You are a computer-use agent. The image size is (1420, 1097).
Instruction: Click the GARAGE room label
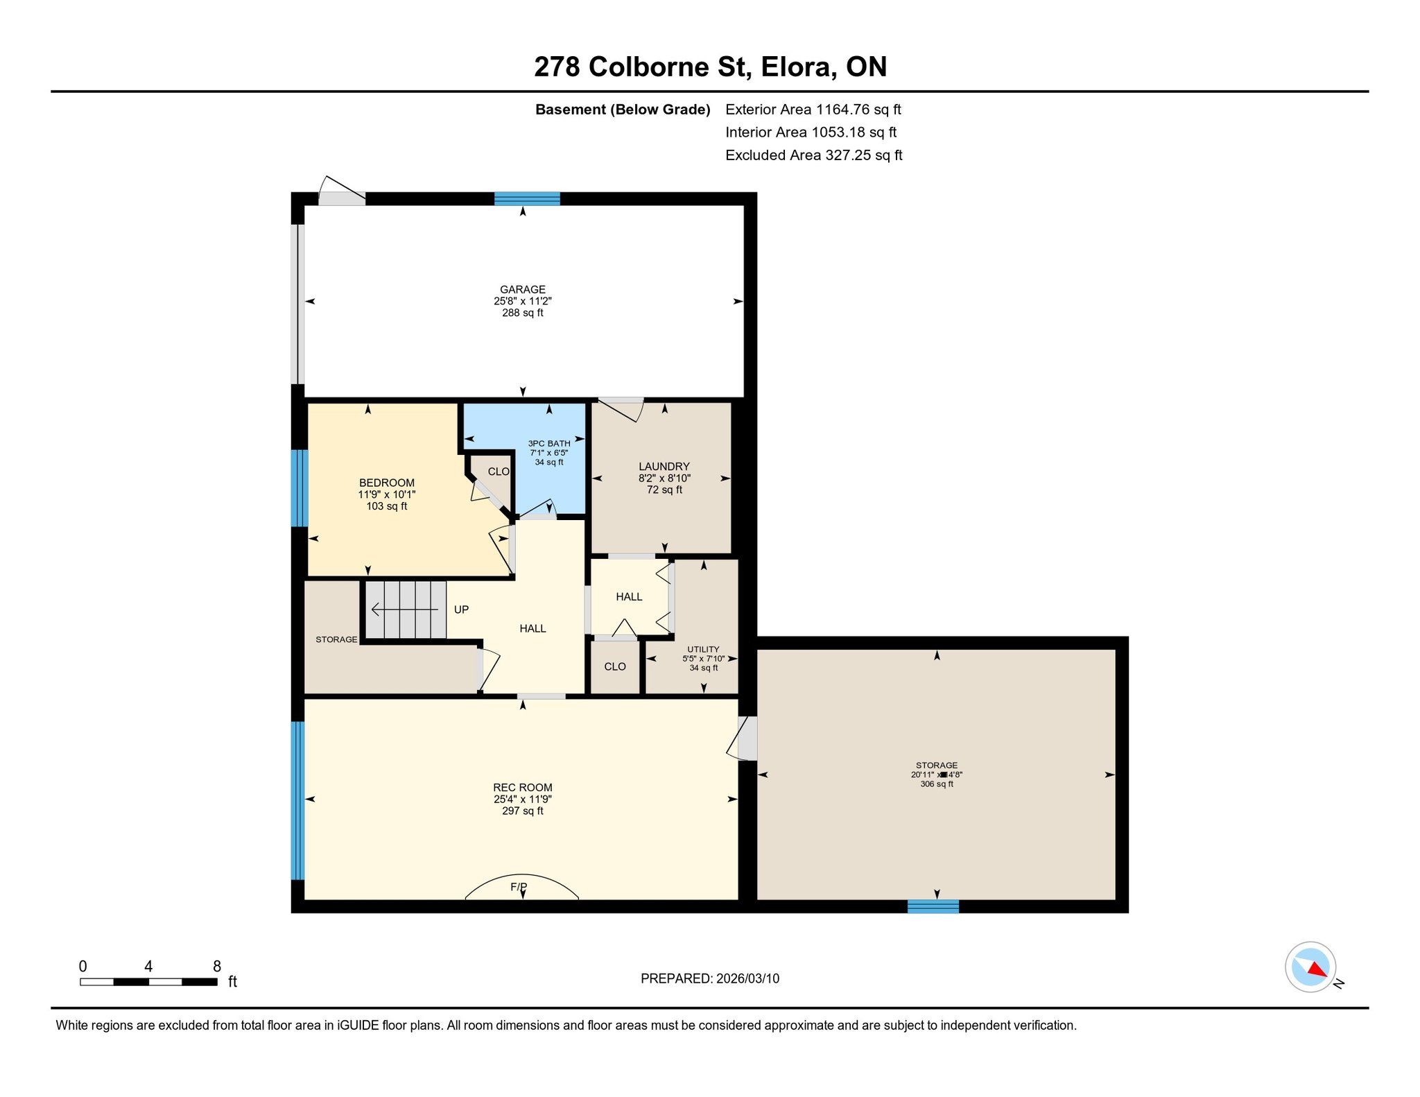(x=523, y=289)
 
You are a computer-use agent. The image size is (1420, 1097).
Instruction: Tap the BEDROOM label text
(x=387, y=483)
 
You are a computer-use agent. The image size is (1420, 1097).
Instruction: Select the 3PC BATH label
(x=549, y=444)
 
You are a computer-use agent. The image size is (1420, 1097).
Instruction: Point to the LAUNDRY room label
(x=664, y=467)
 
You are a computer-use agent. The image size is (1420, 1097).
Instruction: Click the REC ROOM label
(x=523, y=788)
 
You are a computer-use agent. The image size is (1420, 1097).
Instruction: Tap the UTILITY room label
(x=703, y=650)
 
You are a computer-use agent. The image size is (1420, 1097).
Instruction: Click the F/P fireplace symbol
(x=521, y=887)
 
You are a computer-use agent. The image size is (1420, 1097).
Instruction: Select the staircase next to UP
(x=406, y=610)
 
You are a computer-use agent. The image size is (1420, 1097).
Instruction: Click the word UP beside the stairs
(x=461, y=610)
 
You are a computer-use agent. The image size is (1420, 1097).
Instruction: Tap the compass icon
(x=1310, y=967)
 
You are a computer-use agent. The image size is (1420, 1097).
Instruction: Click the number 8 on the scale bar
(x=217, y=967)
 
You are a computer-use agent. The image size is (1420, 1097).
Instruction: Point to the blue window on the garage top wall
(x=527, y=199)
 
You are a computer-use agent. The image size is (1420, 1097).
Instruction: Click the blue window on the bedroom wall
(x=299, y=488)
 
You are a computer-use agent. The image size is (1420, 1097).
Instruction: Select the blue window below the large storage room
(x=933, y=906)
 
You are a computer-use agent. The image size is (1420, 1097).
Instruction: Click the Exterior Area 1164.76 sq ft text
(x=813, y=110)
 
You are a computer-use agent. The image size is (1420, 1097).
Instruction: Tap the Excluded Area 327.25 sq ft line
(x=814, y=155)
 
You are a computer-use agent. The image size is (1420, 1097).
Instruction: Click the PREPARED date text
(x=710, y=978)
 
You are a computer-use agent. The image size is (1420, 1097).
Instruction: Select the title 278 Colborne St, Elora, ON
(x=711, y=67)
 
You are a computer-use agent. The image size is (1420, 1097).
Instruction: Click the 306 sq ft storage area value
(x=937, y=784)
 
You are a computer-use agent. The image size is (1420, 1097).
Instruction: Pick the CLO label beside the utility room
(x=615, y=666)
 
